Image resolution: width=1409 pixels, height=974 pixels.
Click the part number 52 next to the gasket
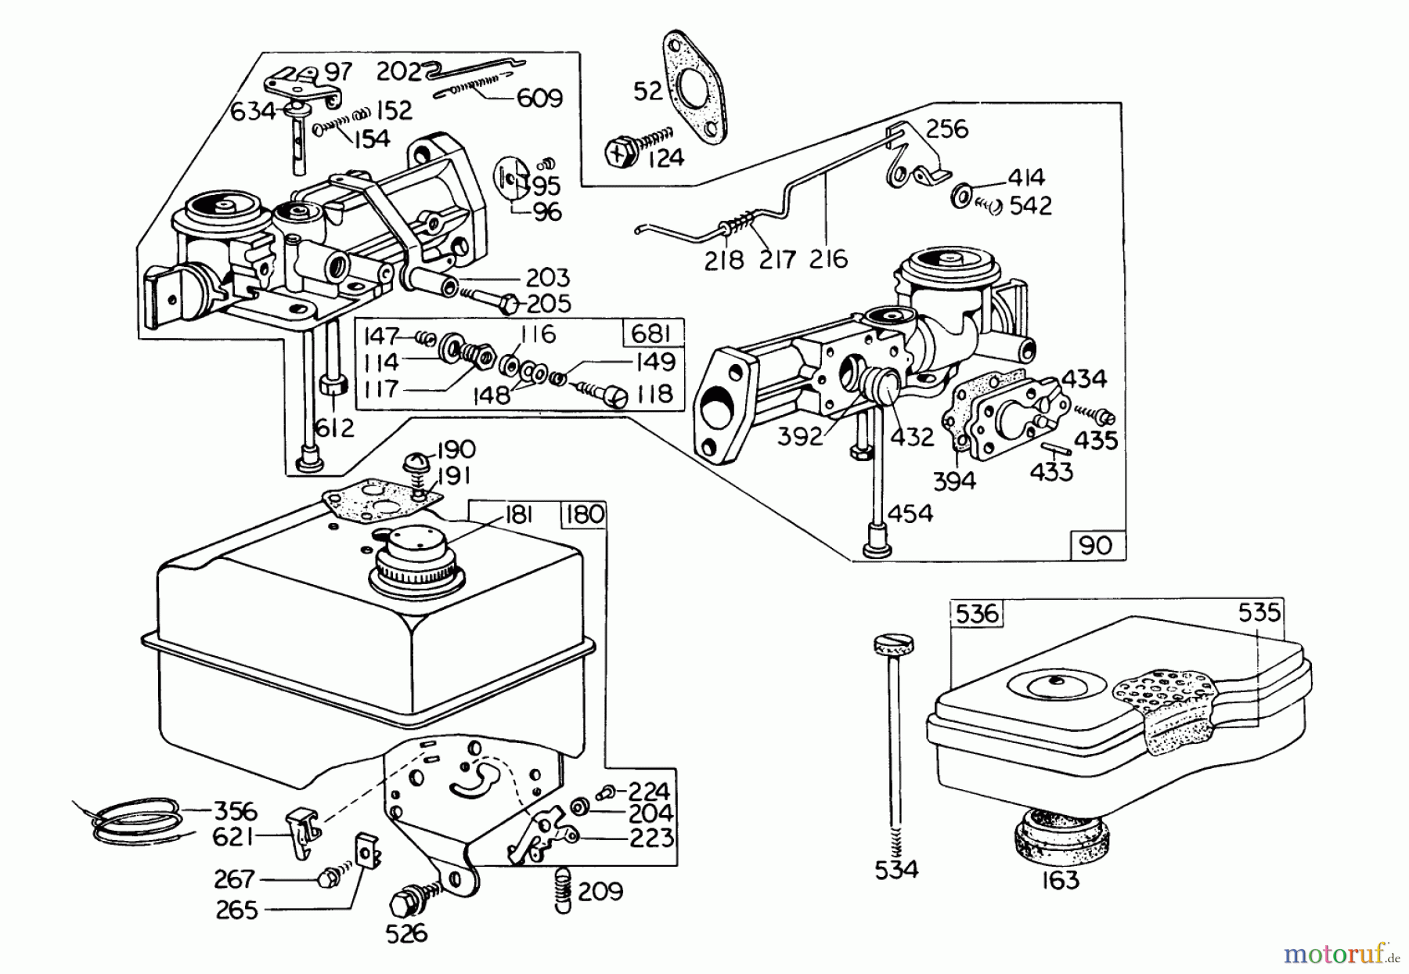647,91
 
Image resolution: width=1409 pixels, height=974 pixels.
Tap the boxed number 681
652,334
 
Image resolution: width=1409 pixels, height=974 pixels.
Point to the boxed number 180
584,515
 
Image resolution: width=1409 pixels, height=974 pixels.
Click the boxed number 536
977,613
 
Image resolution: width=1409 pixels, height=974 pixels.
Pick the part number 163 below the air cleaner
1061,880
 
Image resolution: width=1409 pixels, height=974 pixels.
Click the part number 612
335,427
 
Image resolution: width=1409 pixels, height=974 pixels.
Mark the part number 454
911,514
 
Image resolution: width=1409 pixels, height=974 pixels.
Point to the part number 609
539,99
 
